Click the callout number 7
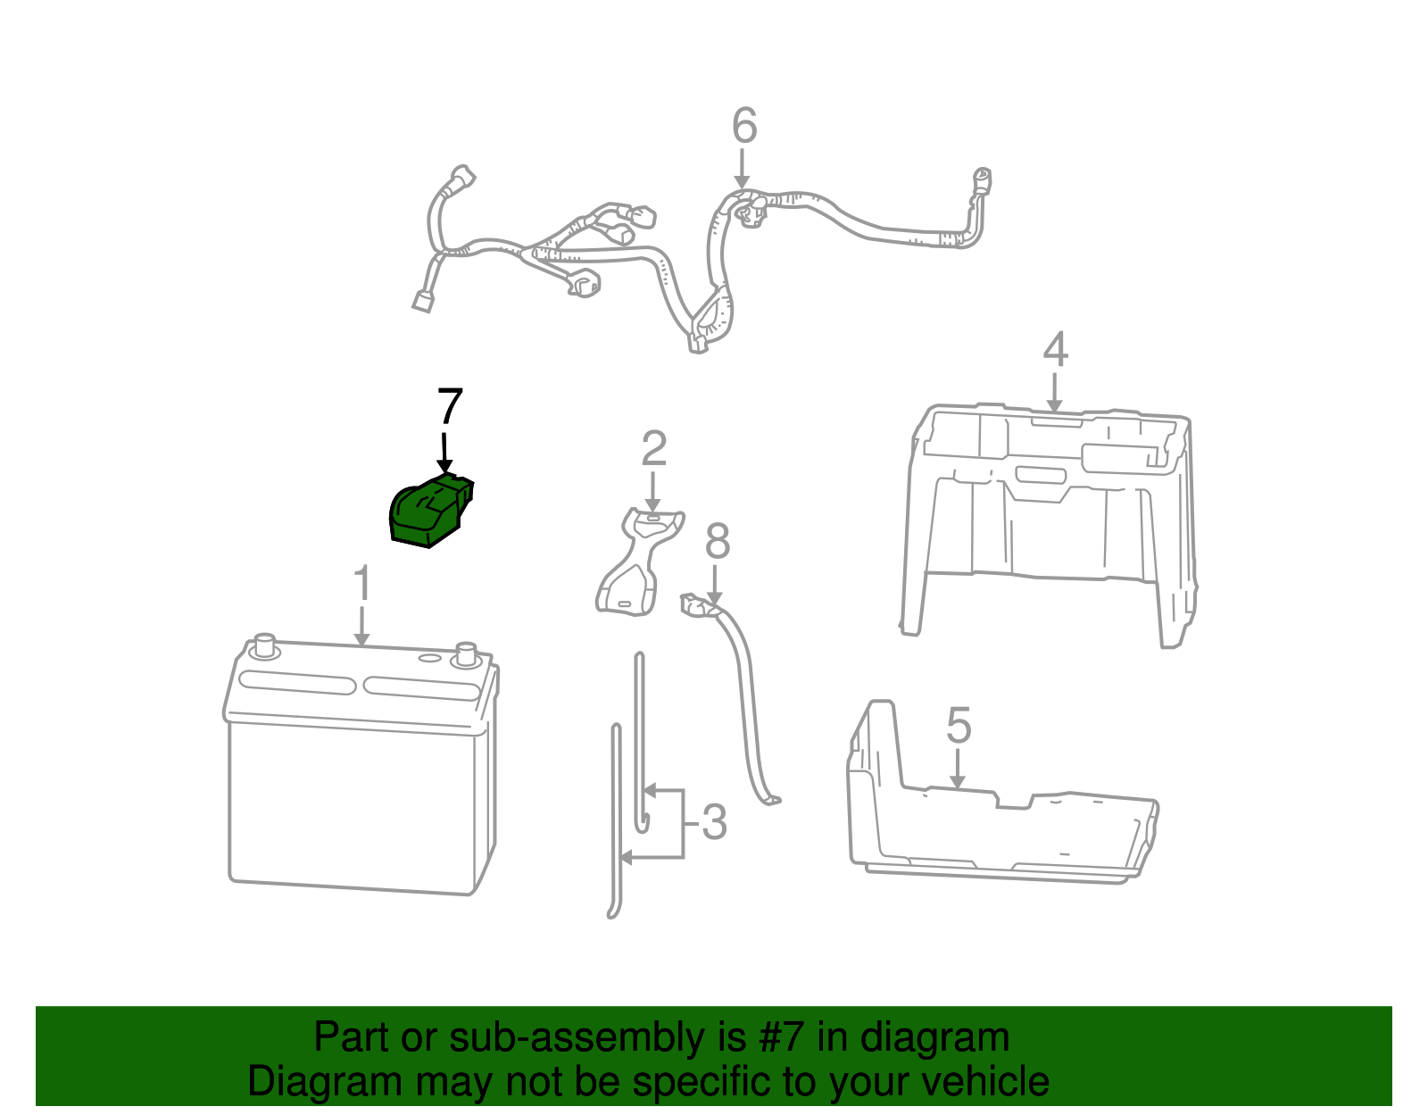coord(450,406)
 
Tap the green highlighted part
coord(430,511)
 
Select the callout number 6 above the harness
coord(744,126)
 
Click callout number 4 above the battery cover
coord(1055,350)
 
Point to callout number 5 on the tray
coord(959,726)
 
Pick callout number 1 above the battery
coord(362,583)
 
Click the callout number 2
coord(653,448)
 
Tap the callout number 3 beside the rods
coord(714,822)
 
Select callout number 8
coord(717,541)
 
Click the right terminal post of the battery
coord(466,654)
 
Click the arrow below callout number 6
coord(742,169)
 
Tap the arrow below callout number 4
coord(1054,393)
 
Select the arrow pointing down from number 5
coord(958,769)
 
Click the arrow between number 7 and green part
coord(444,453)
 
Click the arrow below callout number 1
coord(361,626)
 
